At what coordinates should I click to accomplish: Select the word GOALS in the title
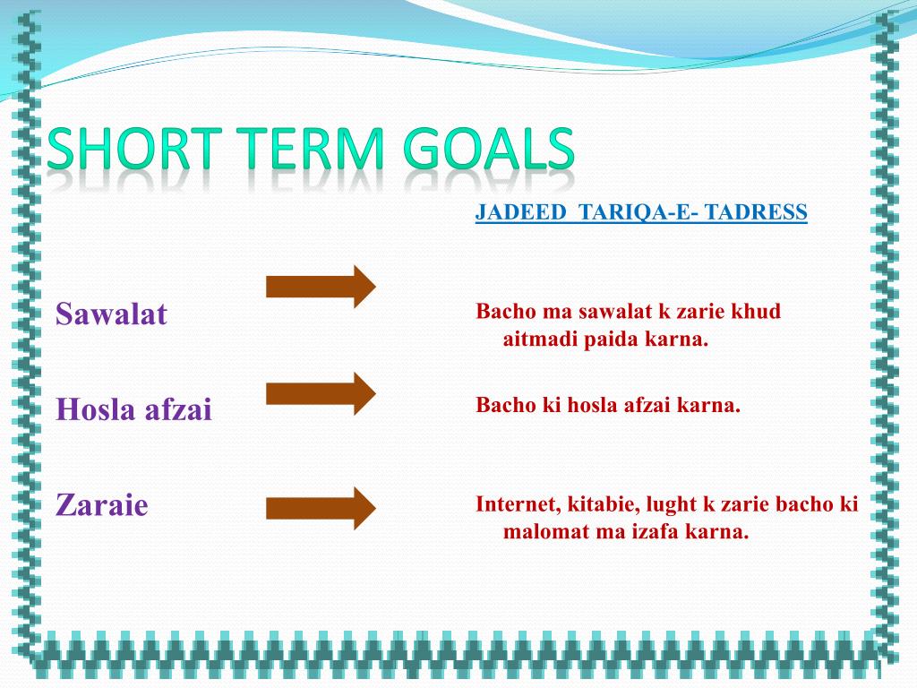click(489, 150)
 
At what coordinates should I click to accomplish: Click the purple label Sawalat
click(111, 314)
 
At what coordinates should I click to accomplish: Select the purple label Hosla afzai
click(133, 408)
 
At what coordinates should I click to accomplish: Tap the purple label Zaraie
click(102, 504)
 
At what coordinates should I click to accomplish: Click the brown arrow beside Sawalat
click(321, 287)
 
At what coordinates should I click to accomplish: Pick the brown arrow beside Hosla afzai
click(321, 393)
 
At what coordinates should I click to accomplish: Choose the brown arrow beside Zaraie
click(321, 509)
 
